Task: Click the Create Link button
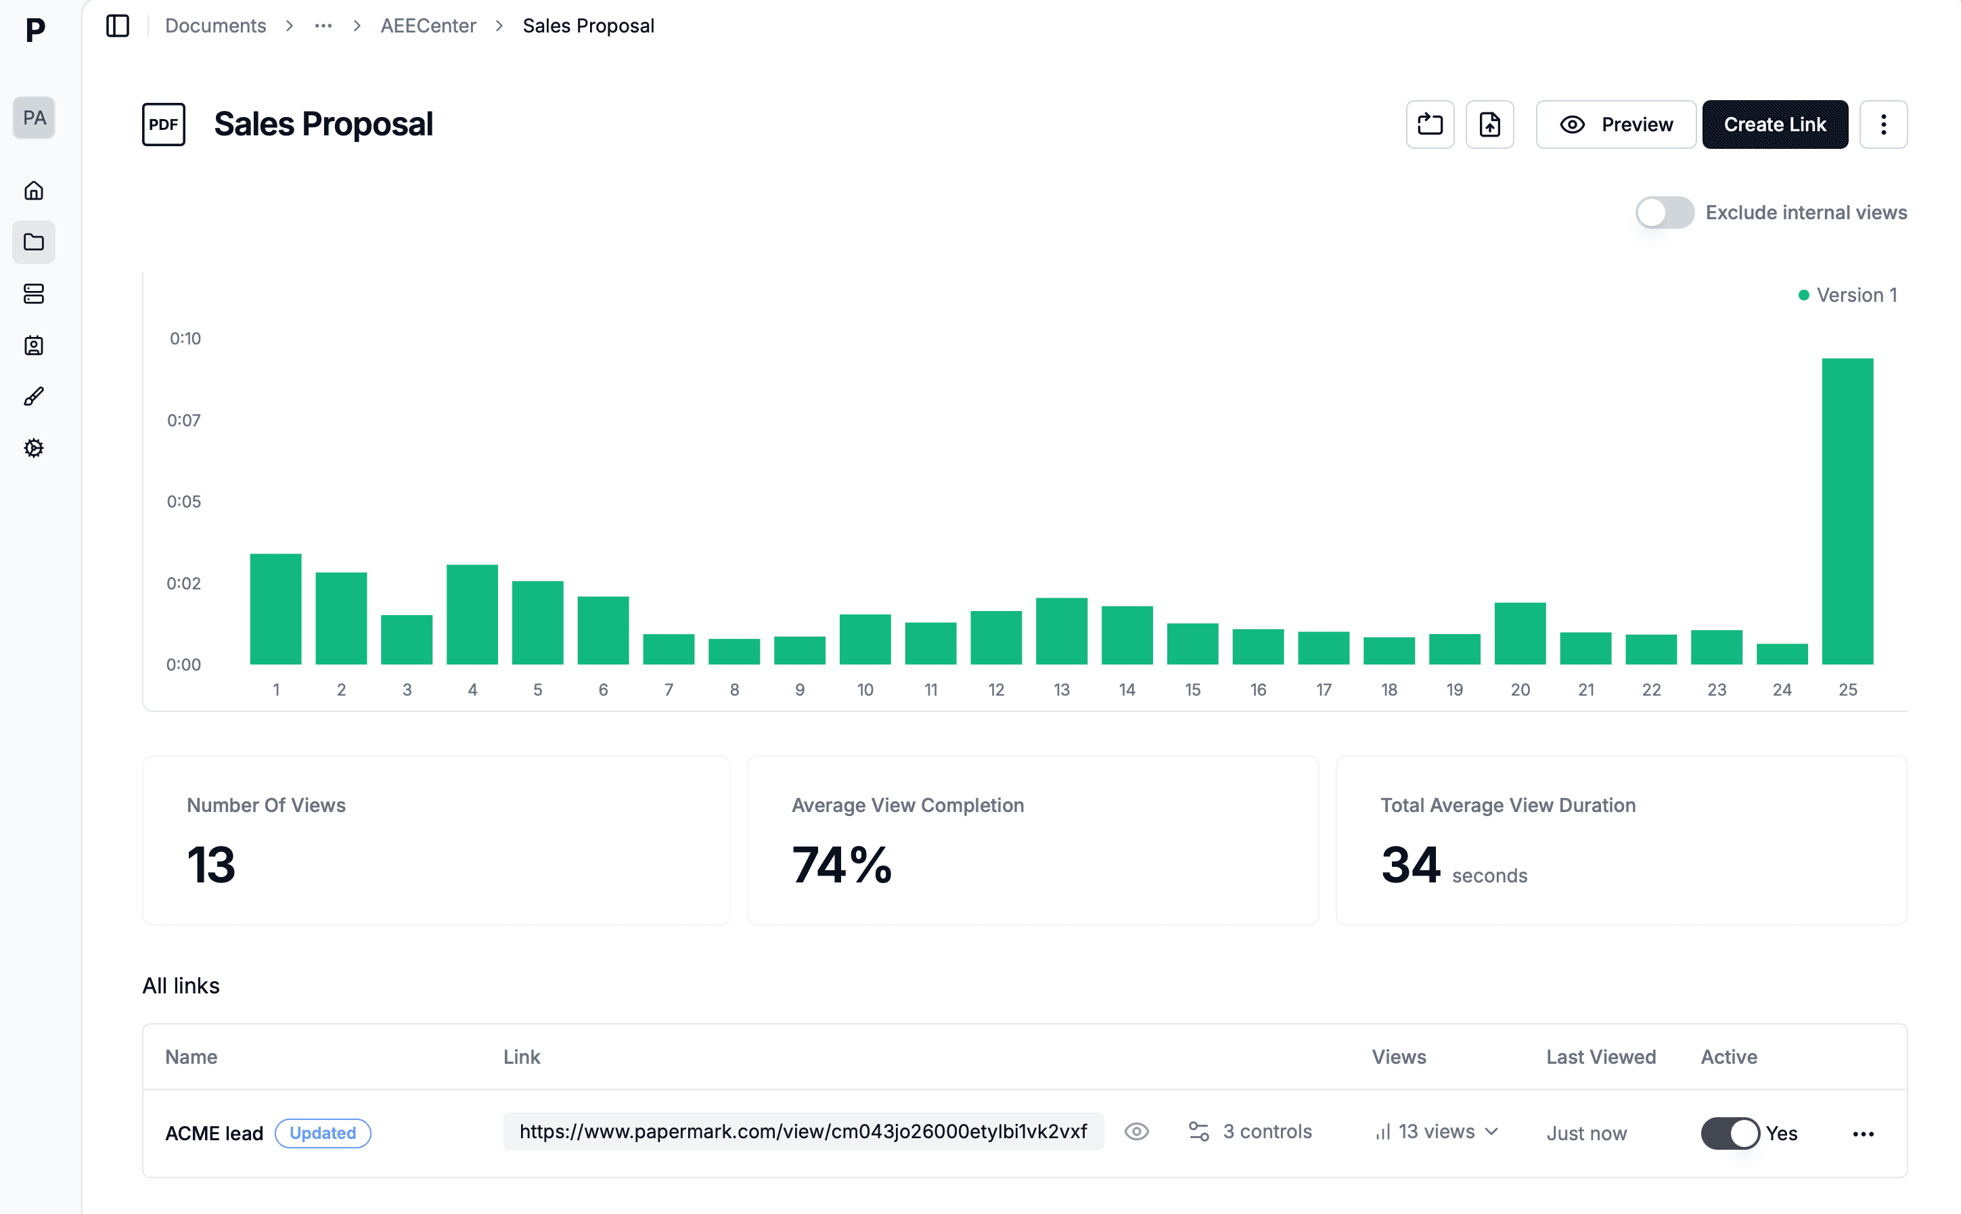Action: (x=1774, y=125)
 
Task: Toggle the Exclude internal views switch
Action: (x=1664, y=212)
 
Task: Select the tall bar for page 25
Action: (x=1847, y=512)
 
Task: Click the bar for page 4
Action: (x=472, y=614)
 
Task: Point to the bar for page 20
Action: (x=1520, y=633)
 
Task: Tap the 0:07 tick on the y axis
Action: (x=184, y=420)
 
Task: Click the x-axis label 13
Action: (x=1061, y=690)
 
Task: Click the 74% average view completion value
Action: (x=841, y=865)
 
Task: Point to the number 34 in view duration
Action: (x=1410, y=865)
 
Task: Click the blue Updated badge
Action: (x=323, y=1133)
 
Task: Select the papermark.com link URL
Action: (x=803, y=1131)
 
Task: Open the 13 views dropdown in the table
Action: (x=1437, y=1131)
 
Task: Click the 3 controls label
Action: (x=1267, y=1131)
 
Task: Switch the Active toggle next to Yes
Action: (x=1729, y=1133)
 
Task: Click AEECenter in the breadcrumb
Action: (x=428, y=26)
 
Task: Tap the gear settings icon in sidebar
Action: (x=34, y=448)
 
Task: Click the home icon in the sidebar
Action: (x=34, y=190)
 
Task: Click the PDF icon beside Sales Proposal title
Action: (x=164, y=125)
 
